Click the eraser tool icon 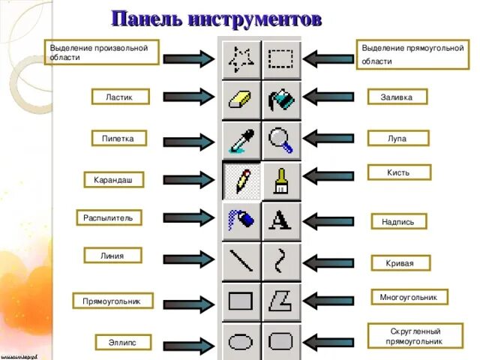click(241, 98)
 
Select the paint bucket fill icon click(281, 98)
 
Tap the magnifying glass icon click(281, 139)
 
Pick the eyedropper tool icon click(241, 139)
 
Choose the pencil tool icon click(241, 180)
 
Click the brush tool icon click(281, 180)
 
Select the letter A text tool click(281, 220)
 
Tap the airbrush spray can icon click(241, 220)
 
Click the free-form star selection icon click(241, 58)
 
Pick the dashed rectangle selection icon click(281, 58)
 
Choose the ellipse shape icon click(241, 342)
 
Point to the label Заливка click(397, 97)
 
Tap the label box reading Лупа click(397, 137)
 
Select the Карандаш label click(113, 181)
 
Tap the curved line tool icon click(281, 260)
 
